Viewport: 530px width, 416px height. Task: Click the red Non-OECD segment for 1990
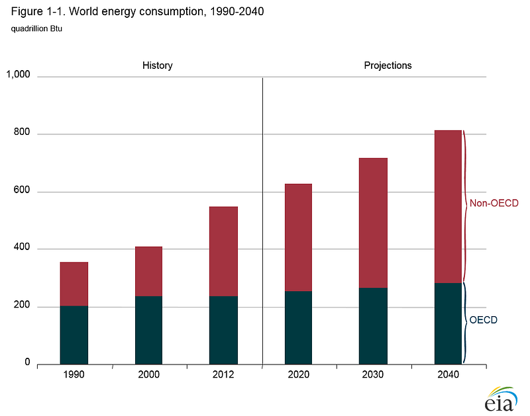[74, 284]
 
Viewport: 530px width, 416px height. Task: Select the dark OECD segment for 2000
[148, 329]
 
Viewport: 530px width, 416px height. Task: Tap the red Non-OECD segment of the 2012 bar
[223, 251]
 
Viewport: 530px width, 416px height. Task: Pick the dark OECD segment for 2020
[298, 327]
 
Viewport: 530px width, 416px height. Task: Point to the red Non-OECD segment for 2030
[373, 223]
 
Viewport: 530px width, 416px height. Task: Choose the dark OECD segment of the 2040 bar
[448, 323]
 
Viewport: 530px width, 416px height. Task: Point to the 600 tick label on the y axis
[22, 191]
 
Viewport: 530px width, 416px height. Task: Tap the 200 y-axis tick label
[22, 306]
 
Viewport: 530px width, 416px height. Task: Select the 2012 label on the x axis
[223, 375]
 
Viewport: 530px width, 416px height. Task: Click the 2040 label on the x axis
[448, 375]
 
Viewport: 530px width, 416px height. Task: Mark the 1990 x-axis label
[74, 375]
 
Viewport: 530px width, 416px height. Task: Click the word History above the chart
[158, 65]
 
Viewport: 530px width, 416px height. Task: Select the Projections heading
[388, 65]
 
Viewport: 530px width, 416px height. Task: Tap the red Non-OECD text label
[494, 203]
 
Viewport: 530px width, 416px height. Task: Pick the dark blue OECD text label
[483, 320]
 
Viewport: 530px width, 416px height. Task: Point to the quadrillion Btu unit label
[37, 28]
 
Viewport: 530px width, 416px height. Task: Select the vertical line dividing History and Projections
[263, 218]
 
